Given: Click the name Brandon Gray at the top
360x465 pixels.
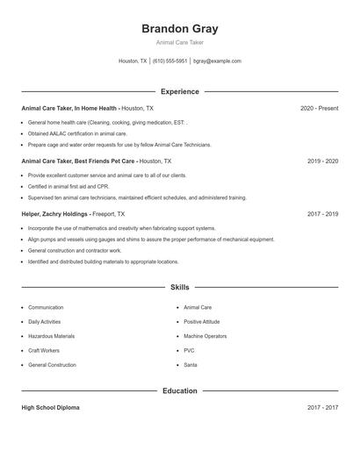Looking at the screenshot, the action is [x=179, y=28].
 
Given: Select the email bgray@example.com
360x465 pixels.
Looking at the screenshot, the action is [x=217, y=61].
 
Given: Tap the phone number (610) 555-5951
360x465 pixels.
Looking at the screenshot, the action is [x=169, y=61].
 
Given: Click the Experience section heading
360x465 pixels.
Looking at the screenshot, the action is [x=179, y=91].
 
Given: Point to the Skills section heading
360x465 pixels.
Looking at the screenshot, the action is [x=179, y=287].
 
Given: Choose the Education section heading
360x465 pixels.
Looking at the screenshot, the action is [x=179, y=390].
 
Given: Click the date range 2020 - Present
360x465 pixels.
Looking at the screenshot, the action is [x=319, y=108].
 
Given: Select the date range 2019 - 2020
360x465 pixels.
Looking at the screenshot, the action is [x=322, y=161].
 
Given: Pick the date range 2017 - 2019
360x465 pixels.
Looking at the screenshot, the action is [x=322, y=213].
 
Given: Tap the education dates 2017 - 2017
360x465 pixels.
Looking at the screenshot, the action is [x=322, y=408].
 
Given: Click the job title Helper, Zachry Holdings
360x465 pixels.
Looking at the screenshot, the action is [x=55, y=213].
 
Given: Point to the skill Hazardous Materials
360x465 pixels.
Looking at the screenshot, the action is [x=51, y=336].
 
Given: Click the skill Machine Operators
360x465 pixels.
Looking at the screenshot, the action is [x=205, y=336].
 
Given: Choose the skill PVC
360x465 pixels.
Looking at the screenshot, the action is [x=189, y=350].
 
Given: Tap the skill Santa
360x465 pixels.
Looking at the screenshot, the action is [x=191, y=364].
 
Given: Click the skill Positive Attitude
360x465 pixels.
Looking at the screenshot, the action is [x=202, y=322].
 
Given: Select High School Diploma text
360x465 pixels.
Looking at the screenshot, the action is [x=51, y=408].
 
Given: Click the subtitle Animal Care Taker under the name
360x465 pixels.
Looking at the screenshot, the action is [x=179, y=43].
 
